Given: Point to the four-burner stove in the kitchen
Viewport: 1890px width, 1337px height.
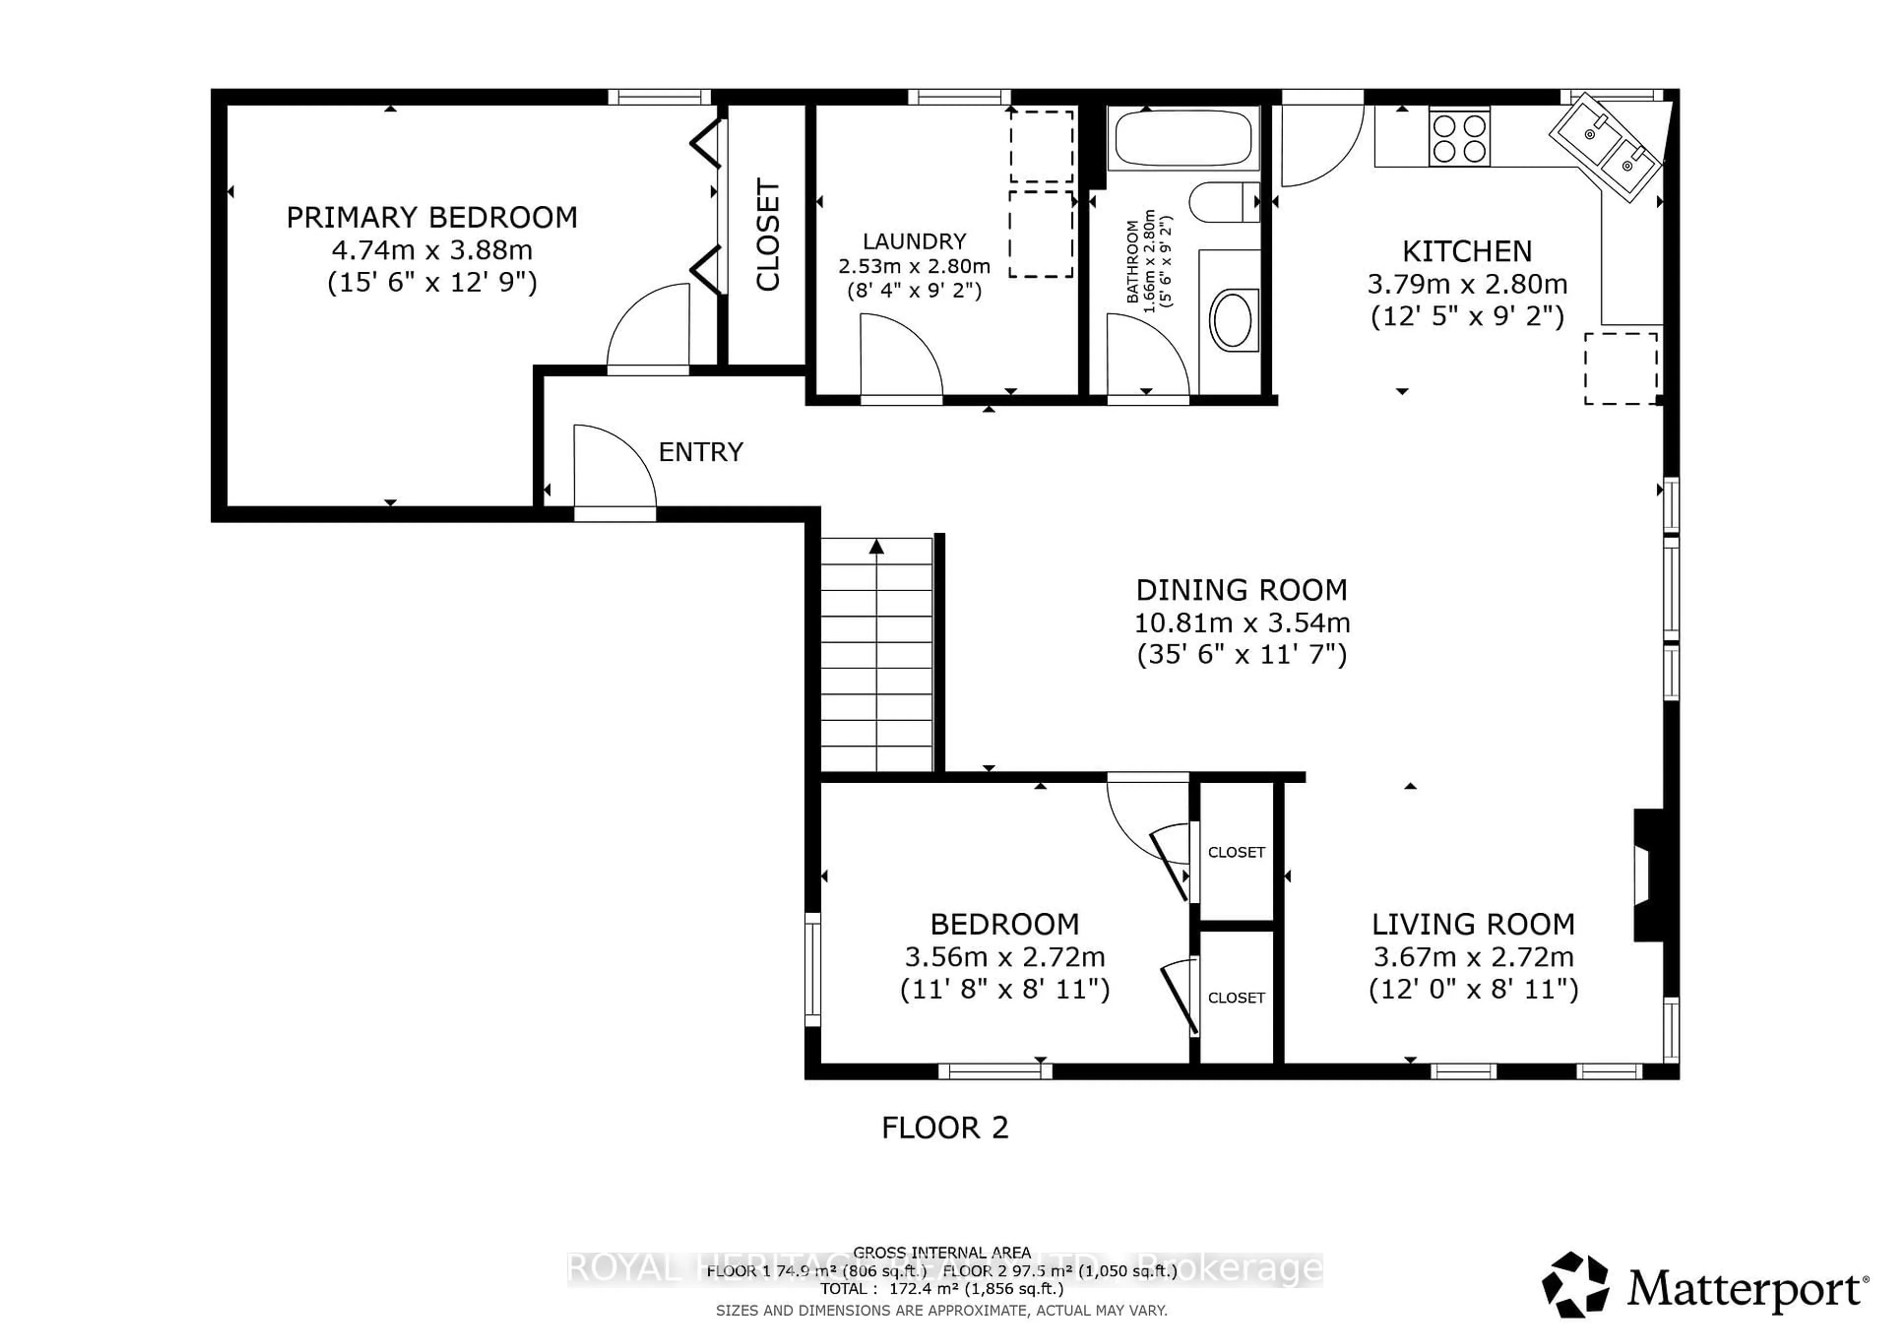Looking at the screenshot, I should tap(1459, 137).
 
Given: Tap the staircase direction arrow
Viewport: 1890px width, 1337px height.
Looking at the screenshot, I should tap(877, 546).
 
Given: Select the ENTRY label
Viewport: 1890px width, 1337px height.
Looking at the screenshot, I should tap(700, 452).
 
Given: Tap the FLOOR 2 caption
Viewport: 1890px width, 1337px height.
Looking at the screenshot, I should tap(944, 1128).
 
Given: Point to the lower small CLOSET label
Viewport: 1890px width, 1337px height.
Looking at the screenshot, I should tap(1235, 998).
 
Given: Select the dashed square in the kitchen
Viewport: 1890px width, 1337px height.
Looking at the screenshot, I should tap(1620, 368).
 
